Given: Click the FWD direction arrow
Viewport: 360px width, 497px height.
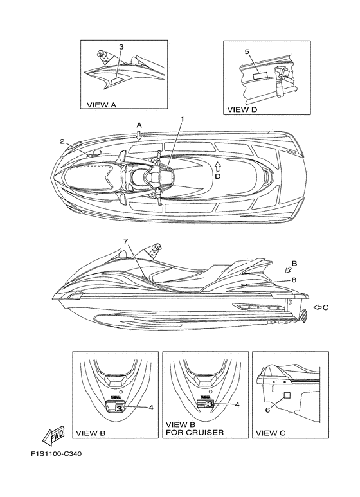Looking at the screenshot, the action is pyautogui.click(x=53, y=434).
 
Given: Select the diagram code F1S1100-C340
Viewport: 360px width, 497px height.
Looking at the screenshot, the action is pyautogui.click(x=56, y=454).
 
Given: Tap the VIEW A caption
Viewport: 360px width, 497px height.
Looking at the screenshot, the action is pyautogui.click(x=102, y=105).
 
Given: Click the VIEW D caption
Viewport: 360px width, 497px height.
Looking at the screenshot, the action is pyautogui.click(x=242, y=110).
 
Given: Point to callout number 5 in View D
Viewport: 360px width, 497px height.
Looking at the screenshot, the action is pyautogui.click(x=248, y=52).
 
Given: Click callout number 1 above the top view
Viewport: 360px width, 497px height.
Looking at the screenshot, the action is pyautogui.click(x=183, y=119).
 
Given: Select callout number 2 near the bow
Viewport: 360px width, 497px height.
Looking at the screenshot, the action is pyautogui.click(x=62, y=141).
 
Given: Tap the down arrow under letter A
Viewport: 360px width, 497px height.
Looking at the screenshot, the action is pyautogui.click(x=139, y=136).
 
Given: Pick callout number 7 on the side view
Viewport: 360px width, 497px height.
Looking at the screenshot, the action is pyautogui.click(x=126, y=241).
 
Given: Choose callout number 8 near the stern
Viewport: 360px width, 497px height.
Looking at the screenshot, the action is pyautogui.click(x=294, y=280).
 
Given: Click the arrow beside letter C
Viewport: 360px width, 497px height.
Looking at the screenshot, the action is pyautogui.click(x=318, y=307).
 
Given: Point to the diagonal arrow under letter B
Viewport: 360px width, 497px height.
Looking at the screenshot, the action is pyautogui.click(x=289, y=270).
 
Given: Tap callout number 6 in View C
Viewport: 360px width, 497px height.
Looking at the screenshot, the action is pyautogui.click(x=267, y=410).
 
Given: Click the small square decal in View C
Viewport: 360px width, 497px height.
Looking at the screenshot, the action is pyautogui.click(x=287, y=395).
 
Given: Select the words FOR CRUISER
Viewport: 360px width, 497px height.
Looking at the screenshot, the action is pyautogui.click(x=195, y=432).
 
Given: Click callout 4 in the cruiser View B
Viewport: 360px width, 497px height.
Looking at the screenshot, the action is pyautogui.click(x=237, y=404).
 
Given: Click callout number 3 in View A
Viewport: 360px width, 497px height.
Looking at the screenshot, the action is pyautogui.click(x=121, y=47).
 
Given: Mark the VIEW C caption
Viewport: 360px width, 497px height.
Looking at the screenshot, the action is pyautogui.click(x=271, y=433).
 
